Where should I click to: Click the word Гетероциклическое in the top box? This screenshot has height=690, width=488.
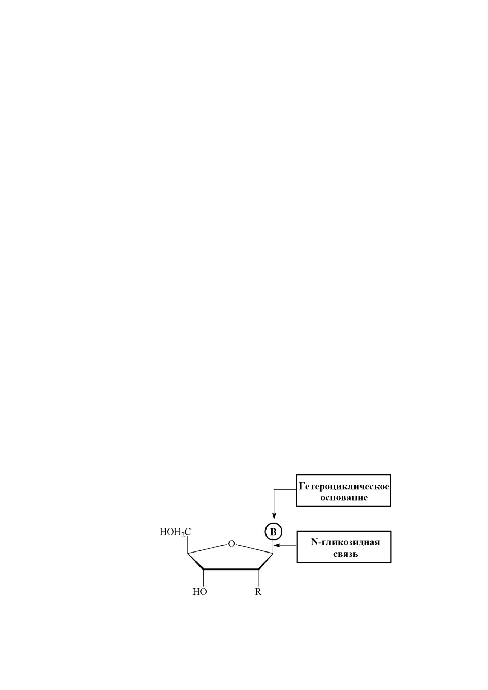(344, 487)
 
